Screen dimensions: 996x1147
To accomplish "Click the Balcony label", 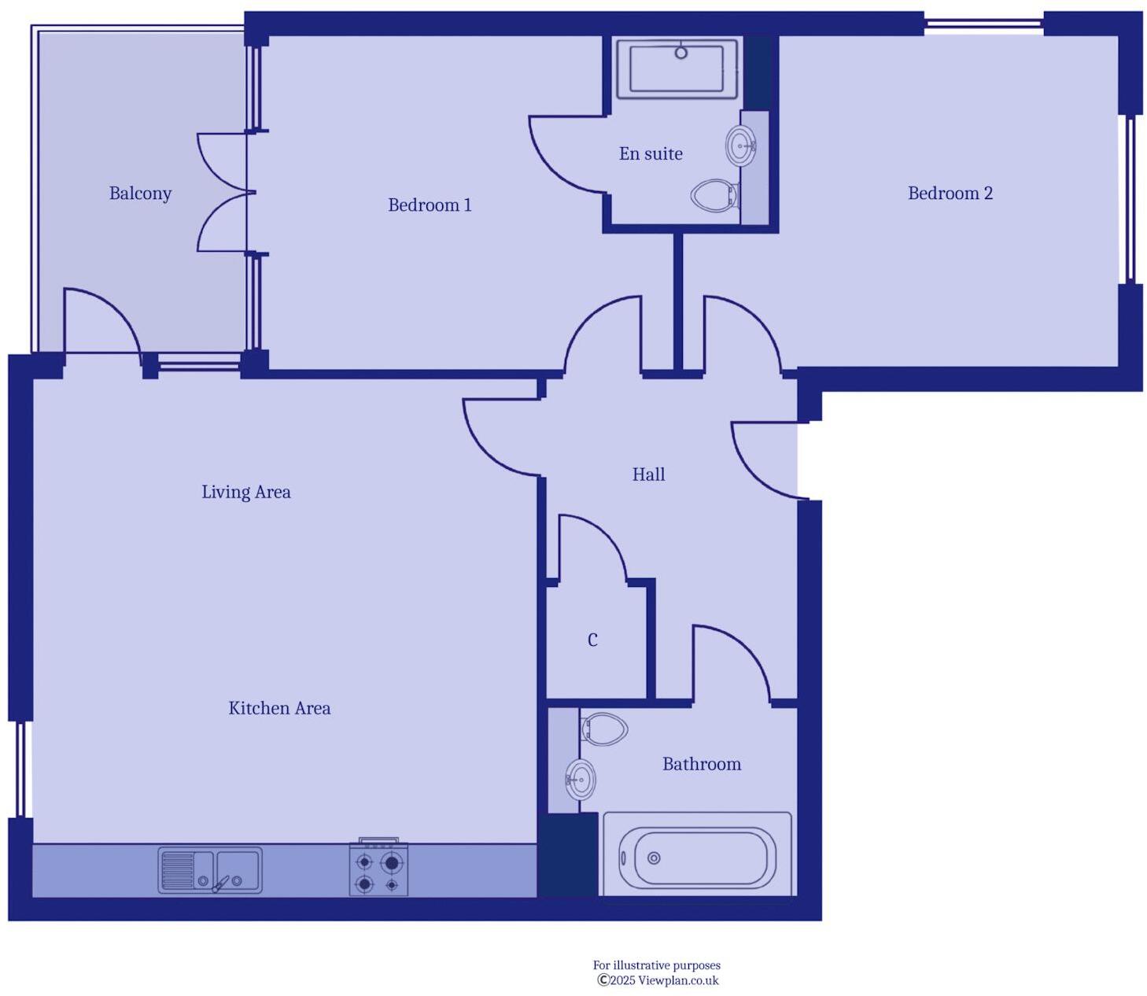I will [140, 194].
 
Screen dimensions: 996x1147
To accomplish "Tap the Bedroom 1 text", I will [430, 205].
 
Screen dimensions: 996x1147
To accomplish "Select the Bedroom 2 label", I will [950, 194].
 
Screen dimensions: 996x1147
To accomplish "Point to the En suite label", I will [651, 154].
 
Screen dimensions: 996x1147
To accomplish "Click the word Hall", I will [648, 474].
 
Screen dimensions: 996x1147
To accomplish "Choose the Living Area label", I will [245, 492].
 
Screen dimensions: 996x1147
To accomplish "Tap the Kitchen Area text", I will [279, 708].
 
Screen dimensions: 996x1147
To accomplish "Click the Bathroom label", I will [702, 764].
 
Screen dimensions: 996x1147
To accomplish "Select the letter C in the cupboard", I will [592, 640].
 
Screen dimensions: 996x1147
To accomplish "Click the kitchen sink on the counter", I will [210, 870].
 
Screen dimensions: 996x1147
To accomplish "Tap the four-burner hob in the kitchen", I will [378, 869].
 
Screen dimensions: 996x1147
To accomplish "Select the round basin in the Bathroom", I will [581, 780].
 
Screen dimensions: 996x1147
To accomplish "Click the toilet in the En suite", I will [714, 195].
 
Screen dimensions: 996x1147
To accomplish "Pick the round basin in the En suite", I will [740, 146].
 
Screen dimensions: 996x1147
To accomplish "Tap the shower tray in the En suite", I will [677, 70].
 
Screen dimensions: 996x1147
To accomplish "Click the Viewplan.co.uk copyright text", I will [658, 980].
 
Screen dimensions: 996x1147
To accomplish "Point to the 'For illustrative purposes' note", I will [656, 965].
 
